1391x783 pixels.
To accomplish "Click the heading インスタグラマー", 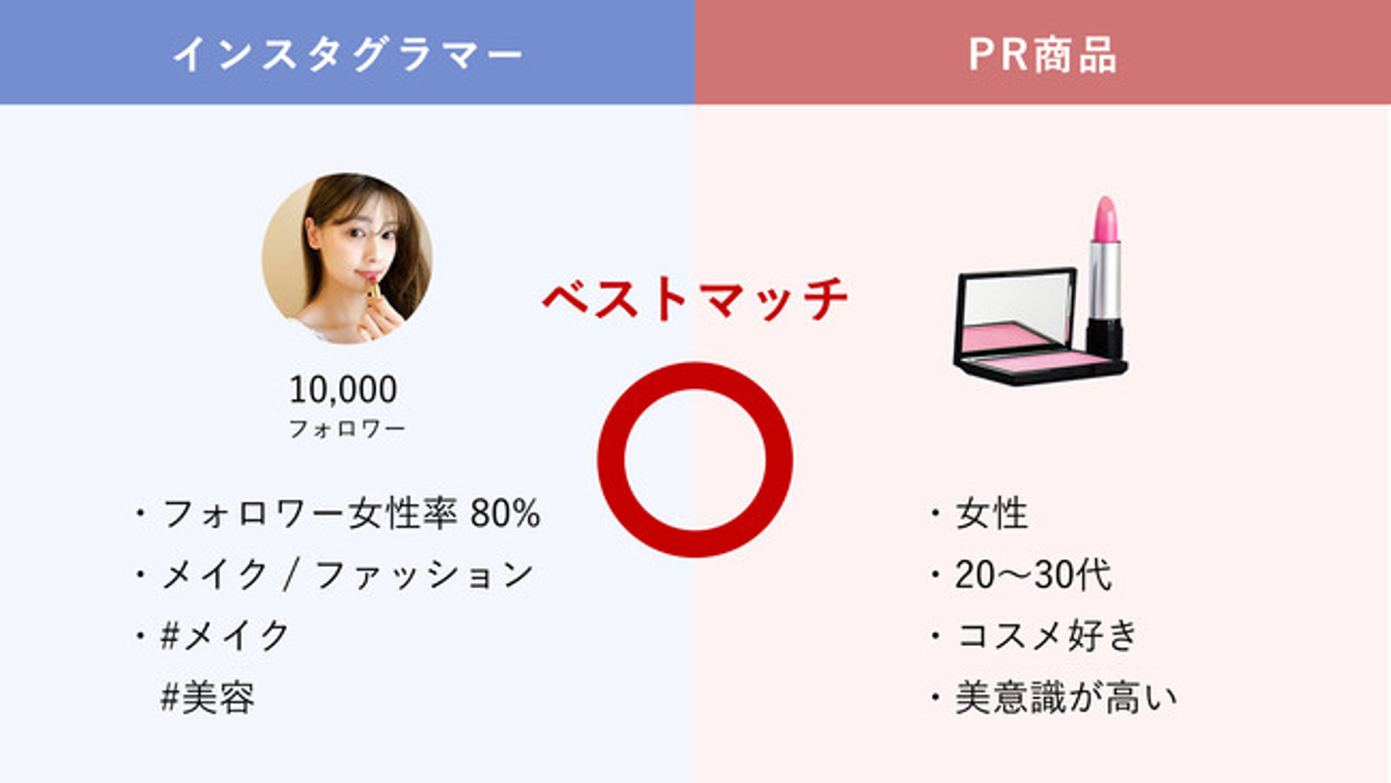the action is tap(349, 55).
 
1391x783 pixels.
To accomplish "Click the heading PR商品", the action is tap(1042, 55).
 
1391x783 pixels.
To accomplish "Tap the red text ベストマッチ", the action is tap(695, 299).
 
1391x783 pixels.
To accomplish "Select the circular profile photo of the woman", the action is tap(347, 258).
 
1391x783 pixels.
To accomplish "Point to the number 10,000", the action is tap(343, 390).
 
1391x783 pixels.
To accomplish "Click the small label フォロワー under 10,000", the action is tap(347, 429).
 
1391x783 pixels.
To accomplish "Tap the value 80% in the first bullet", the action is tap(505, 514).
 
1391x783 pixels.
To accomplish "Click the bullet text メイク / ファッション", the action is tap(348, 574).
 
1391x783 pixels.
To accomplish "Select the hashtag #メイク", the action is tap(225, 635).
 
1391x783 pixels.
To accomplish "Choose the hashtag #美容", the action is tap(208, 697).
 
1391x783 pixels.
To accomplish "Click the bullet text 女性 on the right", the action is tap(992, 514).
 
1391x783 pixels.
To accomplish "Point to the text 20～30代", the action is tap(1033, 574).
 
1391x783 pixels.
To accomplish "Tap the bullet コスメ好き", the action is tap(1047, 635).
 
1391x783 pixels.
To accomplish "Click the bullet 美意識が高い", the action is tap(1065, 697).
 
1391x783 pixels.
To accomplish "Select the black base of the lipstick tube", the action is tap(1105, 340).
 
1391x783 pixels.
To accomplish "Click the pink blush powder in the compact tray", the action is tap(1037, 360).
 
